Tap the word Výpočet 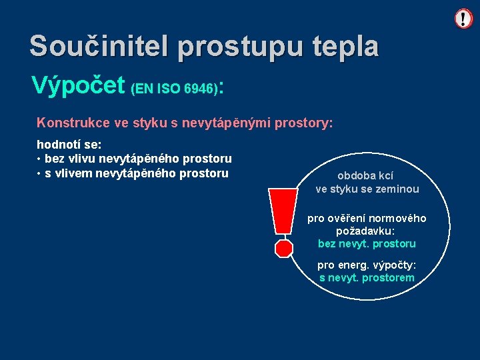(x=78, y=85)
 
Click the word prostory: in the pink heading (x=297, y=123)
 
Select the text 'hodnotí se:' (x=69, y=145)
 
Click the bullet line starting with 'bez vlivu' (x=137, y=159)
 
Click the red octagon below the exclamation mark (x=284, y=248)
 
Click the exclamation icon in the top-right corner (x=463, y=19)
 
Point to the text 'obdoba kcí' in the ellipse (x=365, y=176)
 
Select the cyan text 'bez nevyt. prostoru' (x=367, y=243)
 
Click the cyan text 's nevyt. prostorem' (x=367, y=277)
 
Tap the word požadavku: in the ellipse (x=367, y=231)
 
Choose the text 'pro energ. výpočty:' (x=367, y=265)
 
